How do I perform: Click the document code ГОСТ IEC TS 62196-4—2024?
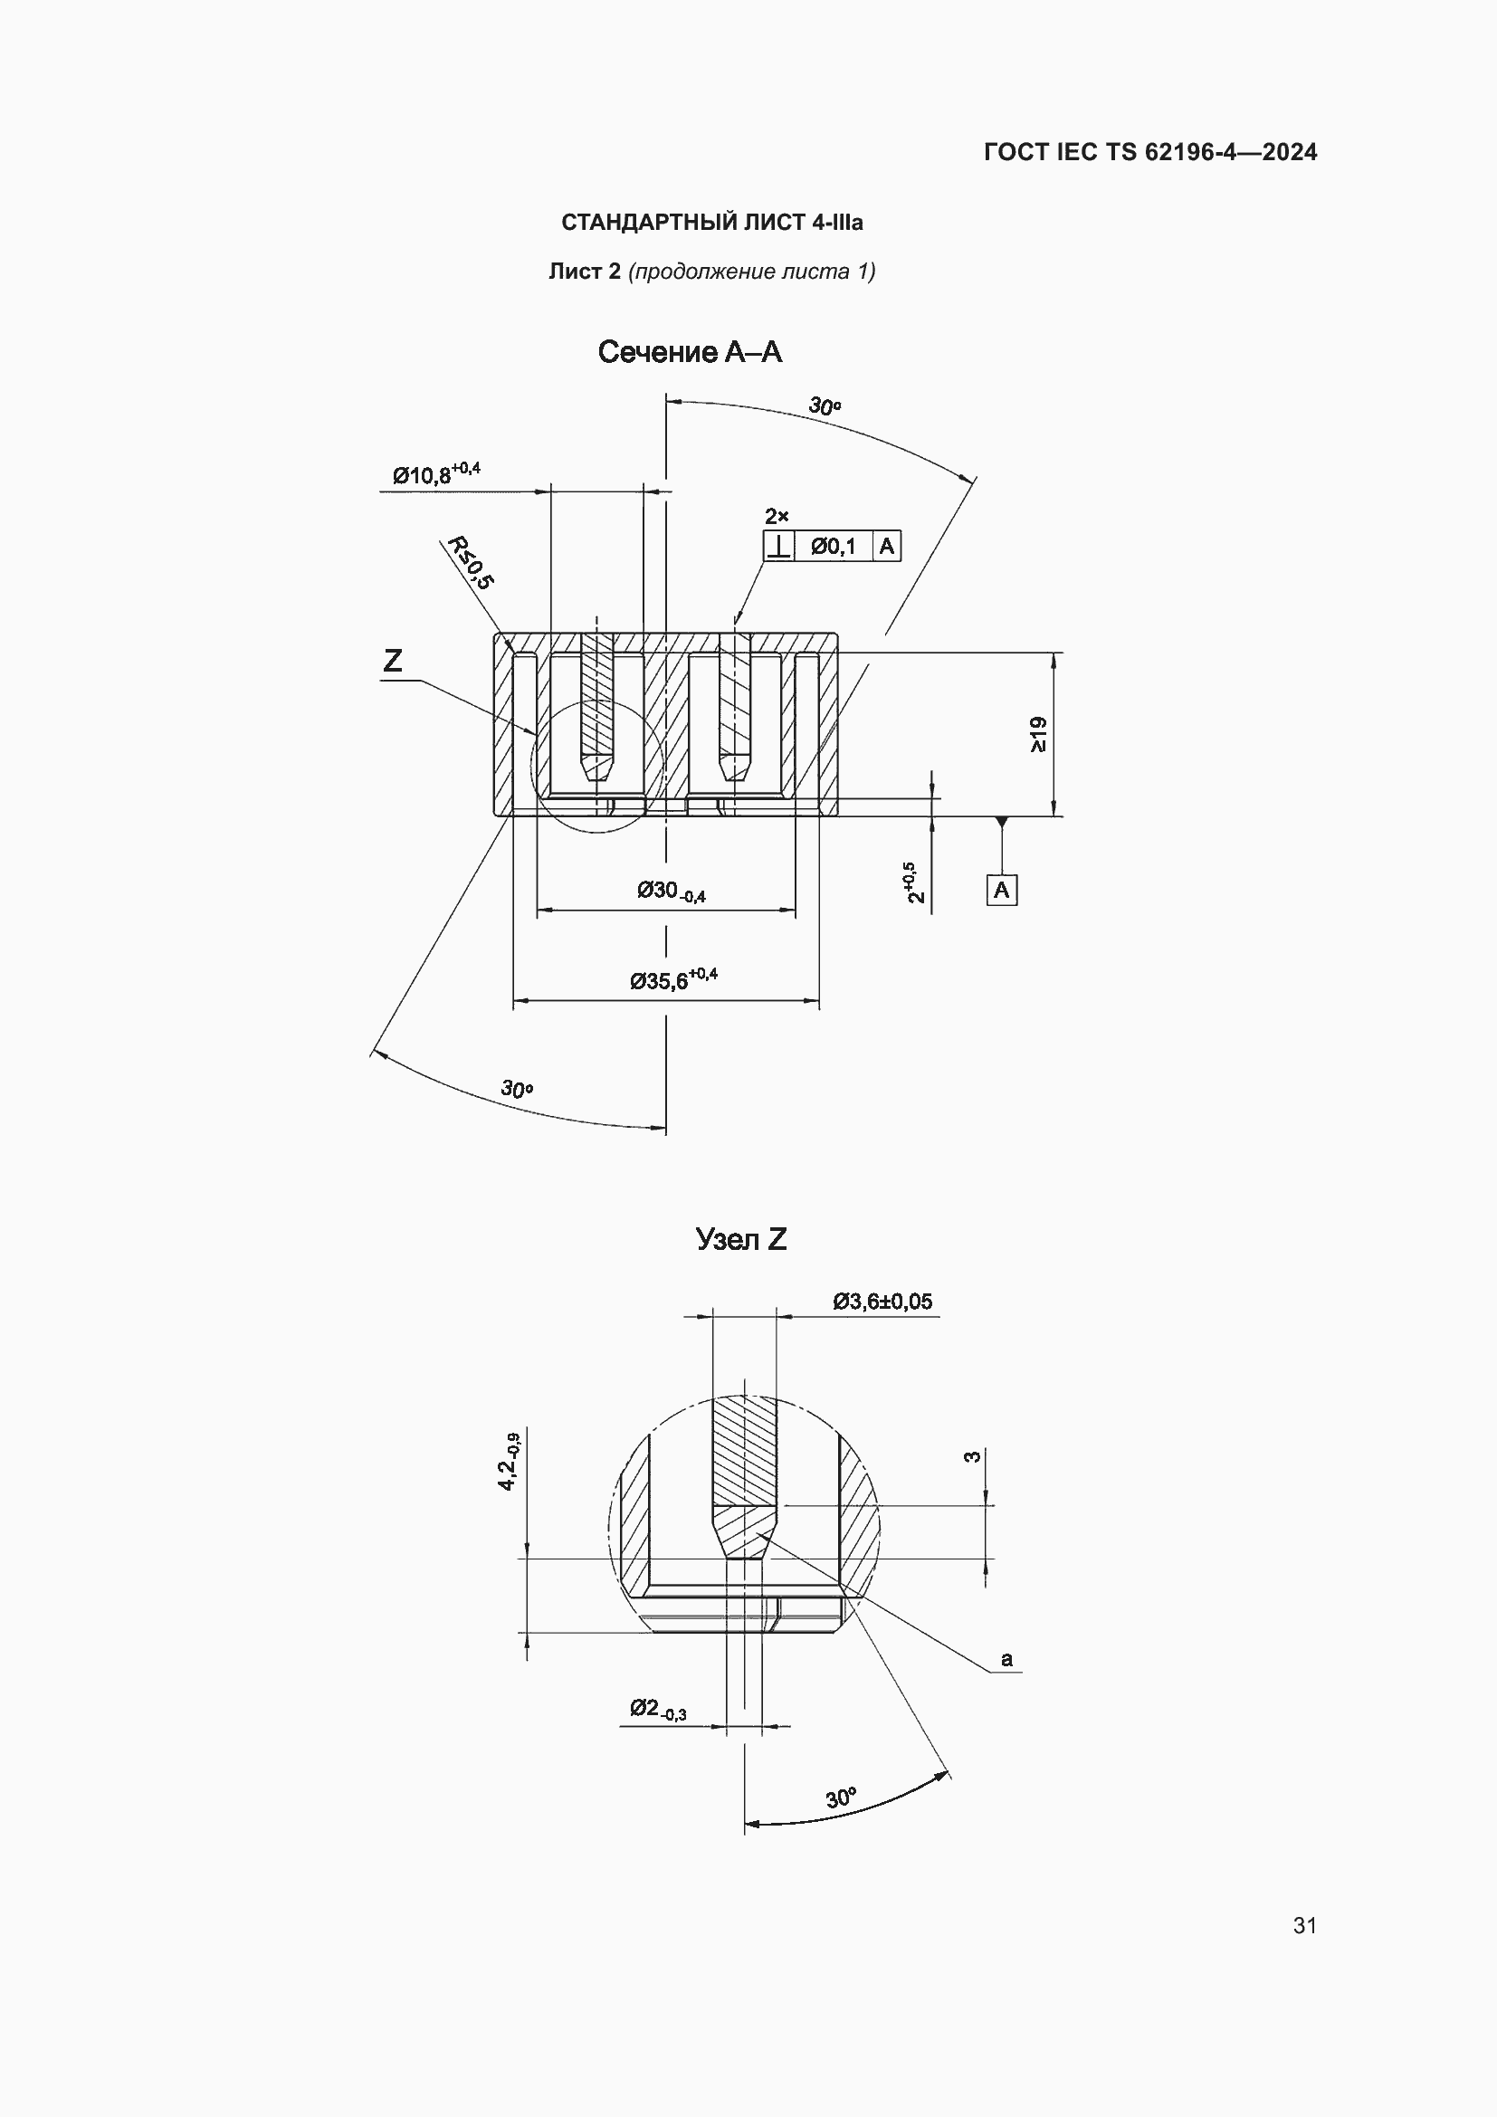click(x=1149, y=152)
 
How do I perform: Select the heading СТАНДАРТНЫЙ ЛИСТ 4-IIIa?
click(x=711, y=224)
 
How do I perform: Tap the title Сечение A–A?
click(x=690, y=352)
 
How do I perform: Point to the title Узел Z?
click(x=741, y=1239)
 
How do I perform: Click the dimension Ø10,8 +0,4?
click(x=436, y=474)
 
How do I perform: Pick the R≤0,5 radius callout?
click(x=470, y=561)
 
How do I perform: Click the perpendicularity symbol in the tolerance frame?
click(x=779, y=547)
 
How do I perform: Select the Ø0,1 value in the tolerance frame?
click(x=834, y=547)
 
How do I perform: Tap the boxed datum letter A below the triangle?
click(x=1001, y=891)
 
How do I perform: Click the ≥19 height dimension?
click(x=1038, y=734)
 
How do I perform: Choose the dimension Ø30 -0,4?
click(x=671, y=892)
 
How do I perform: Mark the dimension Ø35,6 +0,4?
click(x=672, y=979)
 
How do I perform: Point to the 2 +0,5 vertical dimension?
click(x=912, y=883)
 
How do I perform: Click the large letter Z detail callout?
click(x=393, y=660)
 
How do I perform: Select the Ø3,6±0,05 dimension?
click(x=882, y=1302)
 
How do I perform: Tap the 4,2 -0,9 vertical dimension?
click(x=509, y=1462)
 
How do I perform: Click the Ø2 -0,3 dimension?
click(x=658, y=1709)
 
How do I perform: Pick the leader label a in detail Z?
click(x=1006, y=1660)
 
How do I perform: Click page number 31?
click(x=1304, y=1925)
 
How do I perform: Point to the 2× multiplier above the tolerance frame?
click(x=777, y=516)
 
